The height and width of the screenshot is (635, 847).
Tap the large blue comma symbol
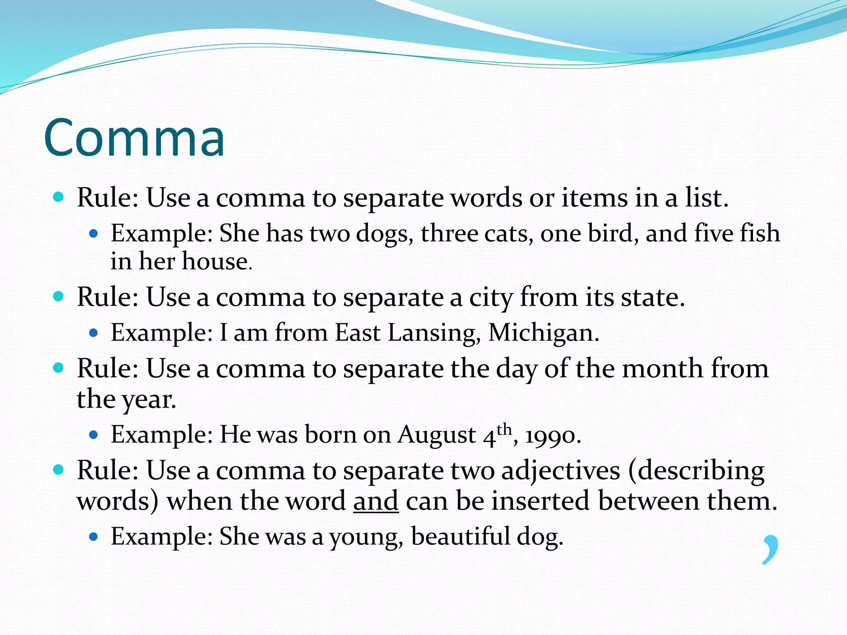(770, 549)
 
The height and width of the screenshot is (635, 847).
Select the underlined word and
(376, 501)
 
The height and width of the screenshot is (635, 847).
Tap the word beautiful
(460, 537)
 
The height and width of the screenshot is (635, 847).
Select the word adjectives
(561, 471)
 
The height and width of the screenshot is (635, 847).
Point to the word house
(216, 262)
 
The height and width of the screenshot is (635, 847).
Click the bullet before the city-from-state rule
(58, 296)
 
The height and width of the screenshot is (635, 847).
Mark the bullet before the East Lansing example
(93, 332)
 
